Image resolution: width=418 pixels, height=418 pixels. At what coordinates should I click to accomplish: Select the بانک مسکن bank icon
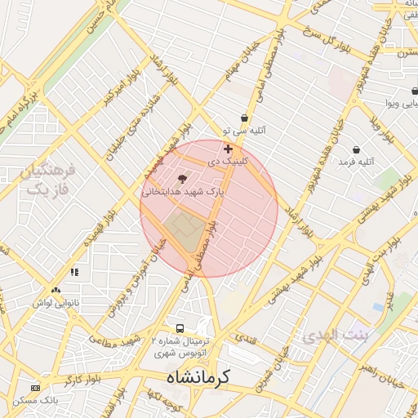34,387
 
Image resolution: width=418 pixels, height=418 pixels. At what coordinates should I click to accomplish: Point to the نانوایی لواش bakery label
56,302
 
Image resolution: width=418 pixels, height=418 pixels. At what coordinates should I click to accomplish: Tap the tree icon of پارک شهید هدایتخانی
182,178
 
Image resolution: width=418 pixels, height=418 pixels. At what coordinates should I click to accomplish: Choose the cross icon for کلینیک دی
228,149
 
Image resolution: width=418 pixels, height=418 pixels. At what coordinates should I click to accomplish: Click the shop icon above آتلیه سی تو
244,118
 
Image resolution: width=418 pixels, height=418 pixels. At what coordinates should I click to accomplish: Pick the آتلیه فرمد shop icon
357,149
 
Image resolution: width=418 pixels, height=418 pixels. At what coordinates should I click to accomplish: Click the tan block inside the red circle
185,229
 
